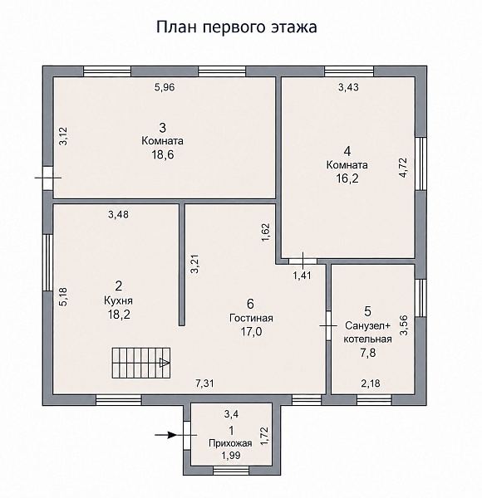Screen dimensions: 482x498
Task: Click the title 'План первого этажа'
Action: point(237,27)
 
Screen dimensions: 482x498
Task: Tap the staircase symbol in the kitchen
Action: point(140,363)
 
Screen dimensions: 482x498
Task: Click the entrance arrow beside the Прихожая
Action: point(165,435)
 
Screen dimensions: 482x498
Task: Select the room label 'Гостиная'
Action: point(251,318)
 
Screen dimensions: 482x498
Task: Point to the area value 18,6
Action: point(163,155)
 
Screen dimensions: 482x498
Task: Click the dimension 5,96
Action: point(165,87)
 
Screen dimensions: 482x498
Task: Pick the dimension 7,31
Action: point(204,383)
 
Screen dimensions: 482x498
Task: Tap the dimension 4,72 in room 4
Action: point(403,168)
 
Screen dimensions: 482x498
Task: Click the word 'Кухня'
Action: point(118,300)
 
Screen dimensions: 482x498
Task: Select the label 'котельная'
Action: point(367,339)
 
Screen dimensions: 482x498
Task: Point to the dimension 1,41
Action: point(302,276)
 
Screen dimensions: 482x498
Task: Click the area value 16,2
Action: point(347,178)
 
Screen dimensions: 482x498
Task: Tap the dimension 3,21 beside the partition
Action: point(194,264)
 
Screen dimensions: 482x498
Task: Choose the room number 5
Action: point(367,311)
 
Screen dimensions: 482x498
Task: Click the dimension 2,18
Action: point(371,383)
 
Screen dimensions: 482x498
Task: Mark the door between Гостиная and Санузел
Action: point(328,325)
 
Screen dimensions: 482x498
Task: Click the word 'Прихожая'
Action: point(230,443)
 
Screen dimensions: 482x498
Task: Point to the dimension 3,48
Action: point(118,215)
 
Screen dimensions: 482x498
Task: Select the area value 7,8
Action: point(368,353)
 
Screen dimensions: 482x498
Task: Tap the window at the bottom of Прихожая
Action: point(231,471)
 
